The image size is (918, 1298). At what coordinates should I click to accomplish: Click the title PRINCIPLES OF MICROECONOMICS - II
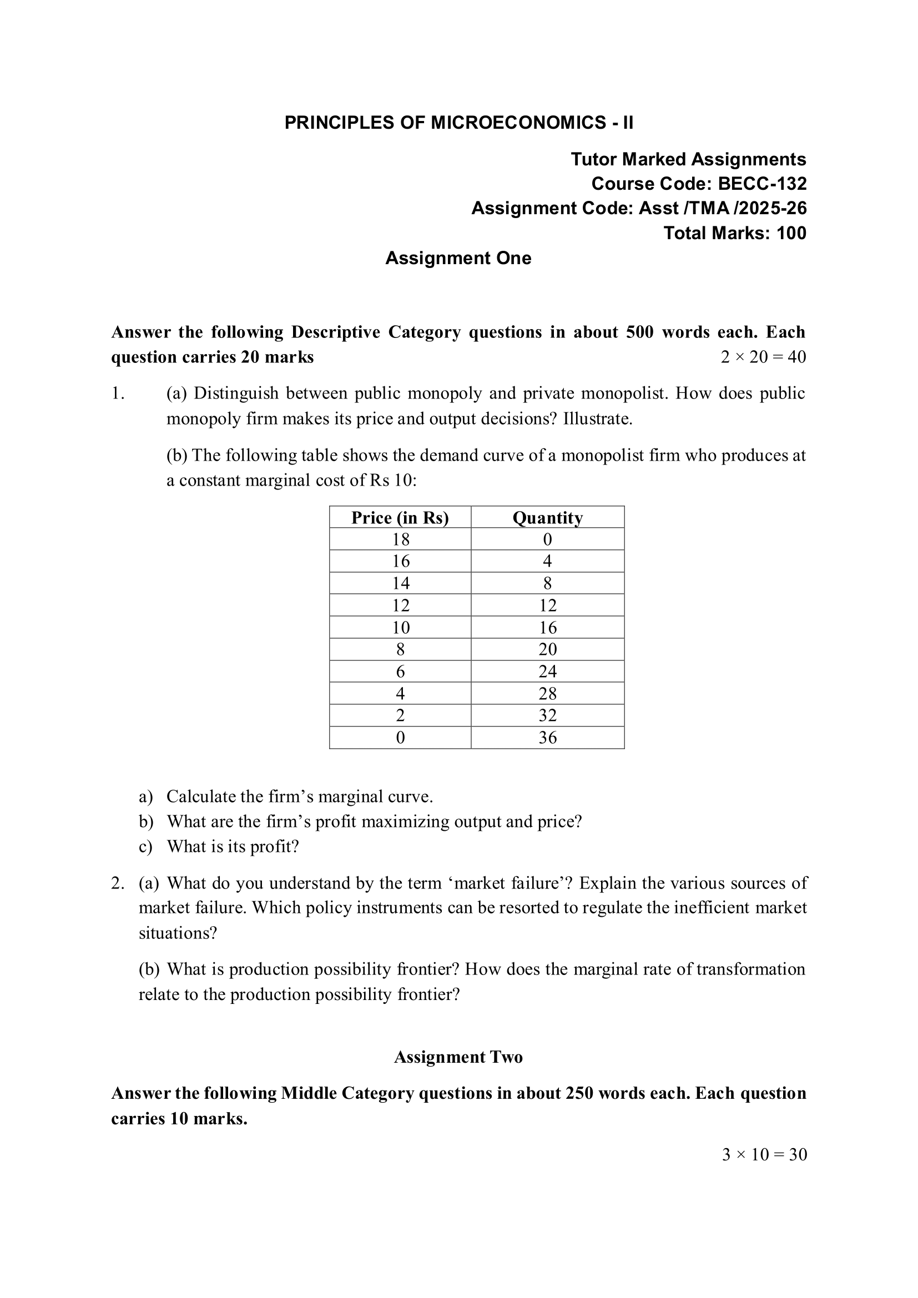pos(458,123)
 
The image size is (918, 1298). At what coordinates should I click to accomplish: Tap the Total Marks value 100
pos(791,233)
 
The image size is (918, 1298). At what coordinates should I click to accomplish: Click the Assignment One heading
pos(458,259)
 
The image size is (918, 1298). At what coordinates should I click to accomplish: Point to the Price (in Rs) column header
pos(400,518)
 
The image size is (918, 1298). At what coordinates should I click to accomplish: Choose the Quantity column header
pos(547,518)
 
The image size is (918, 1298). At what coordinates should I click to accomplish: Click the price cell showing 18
pos(400,539)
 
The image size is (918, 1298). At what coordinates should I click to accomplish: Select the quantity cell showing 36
pos(547,738)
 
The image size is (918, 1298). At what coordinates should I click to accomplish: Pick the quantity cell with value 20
pos(547,650)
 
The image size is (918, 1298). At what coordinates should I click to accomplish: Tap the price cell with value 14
pos(400,583)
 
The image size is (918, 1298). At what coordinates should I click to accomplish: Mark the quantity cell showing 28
pos(547,694)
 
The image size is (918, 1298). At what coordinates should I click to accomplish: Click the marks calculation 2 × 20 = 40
pos(763,357)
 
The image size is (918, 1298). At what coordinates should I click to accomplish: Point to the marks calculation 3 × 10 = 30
pos(764,1154)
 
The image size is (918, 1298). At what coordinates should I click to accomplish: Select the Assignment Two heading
pos(458,1057)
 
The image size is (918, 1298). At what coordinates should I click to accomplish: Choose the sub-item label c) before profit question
pos(146,847)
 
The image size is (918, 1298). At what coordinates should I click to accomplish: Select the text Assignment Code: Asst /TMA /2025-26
pos(639,209)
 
